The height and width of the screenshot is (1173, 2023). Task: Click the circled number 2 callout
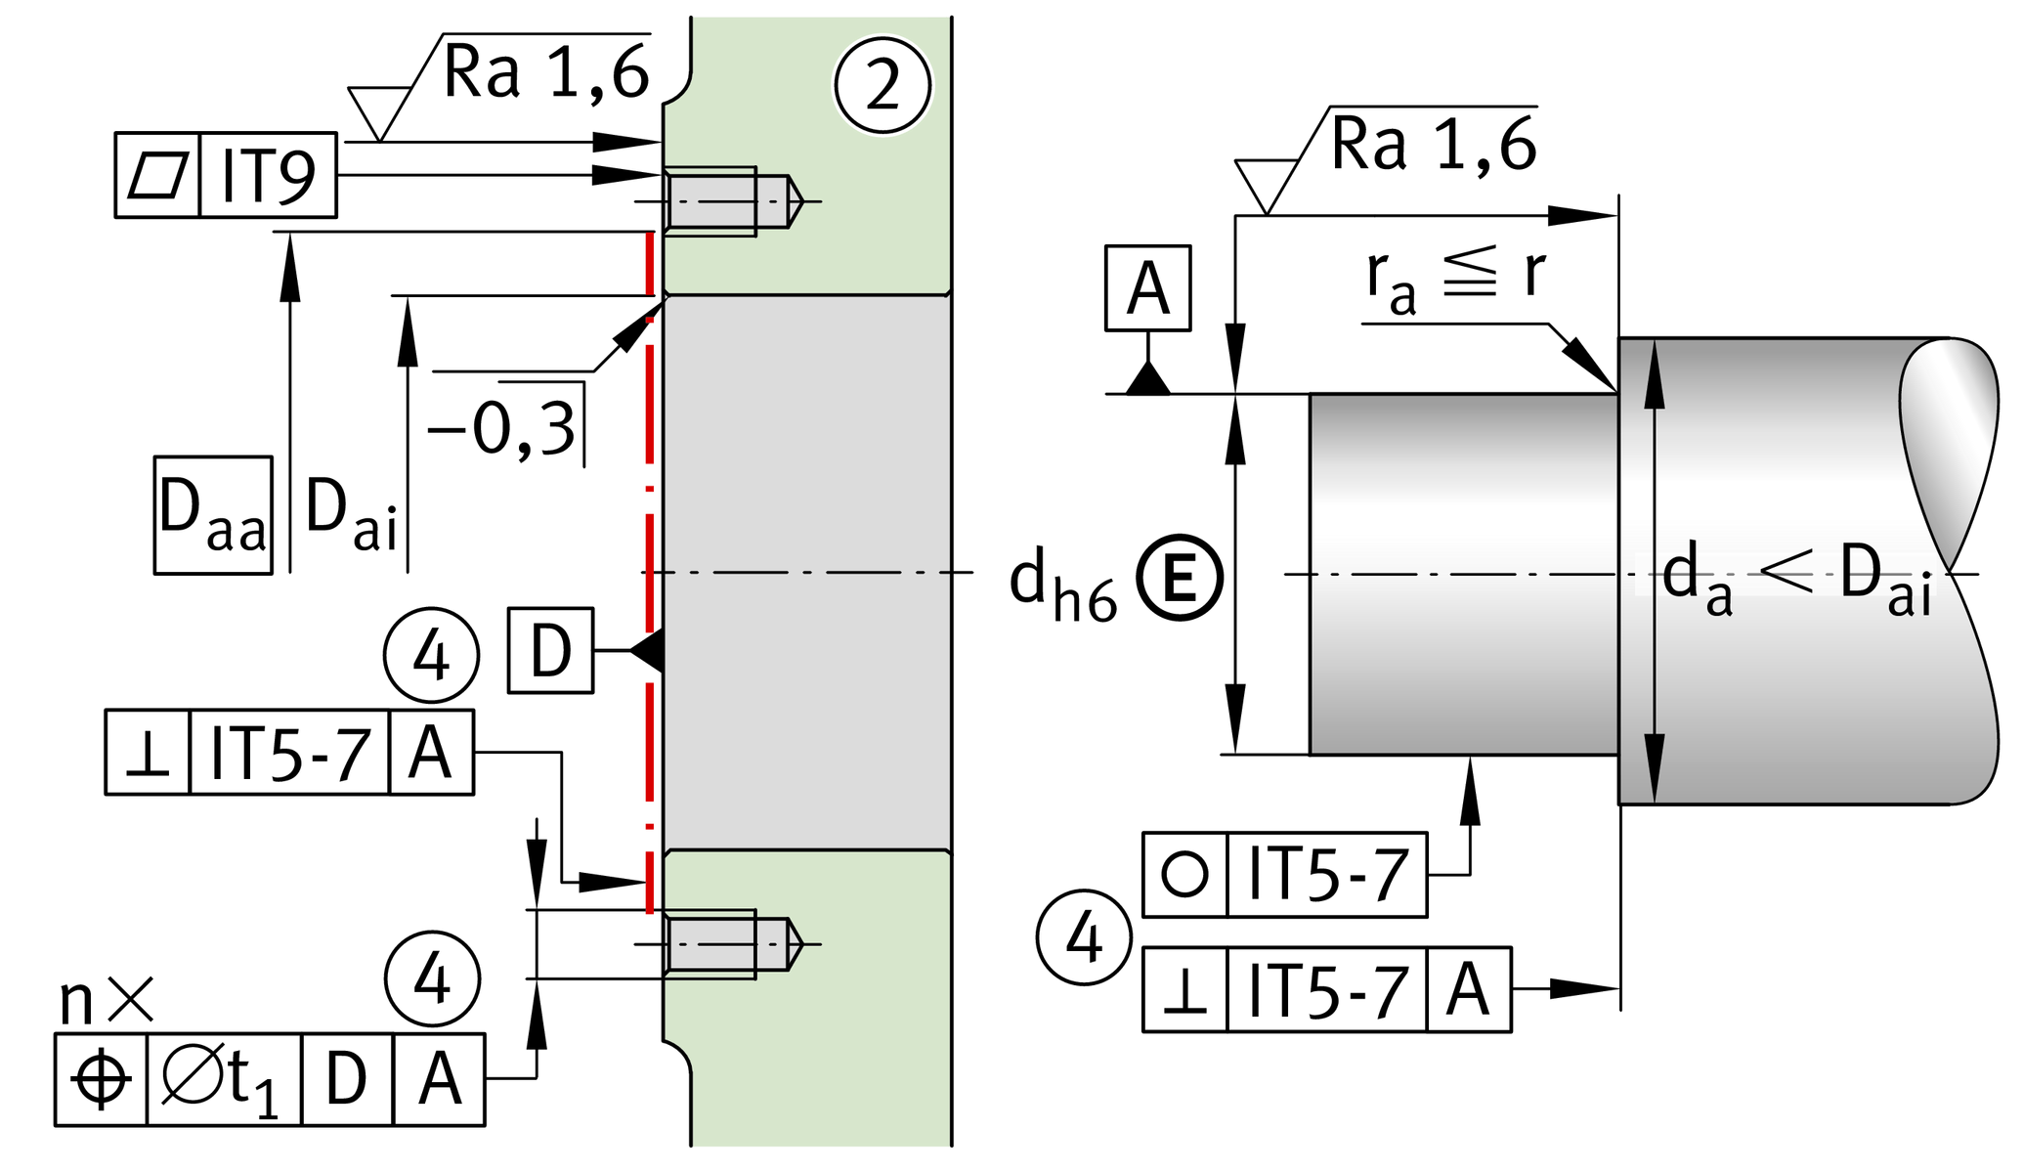coord(882,85)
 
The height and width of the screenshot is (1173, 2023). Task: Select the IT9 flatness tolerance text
coord(268,176)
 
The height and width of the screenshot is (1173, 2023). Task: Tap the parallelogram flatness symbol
coord(157,176)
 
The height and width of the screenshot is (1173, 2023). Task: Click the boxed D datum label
coord(550,651)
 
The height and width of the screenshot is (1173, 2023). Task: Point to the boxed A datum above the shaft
coord(1147,288)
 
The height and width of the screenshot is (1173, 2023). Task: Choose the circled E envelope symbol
coord(1180,578)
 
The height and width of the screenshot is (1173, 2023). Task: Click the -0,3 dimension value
coord(502,428)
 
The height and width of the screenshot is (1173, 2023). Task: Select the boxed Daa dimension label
coord(212,515)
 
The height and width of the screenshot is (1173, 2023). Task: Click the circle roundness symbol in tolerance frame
coord(1184,874)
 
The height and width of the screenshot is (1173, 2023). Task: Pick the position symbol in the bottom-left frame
coord(102,1080)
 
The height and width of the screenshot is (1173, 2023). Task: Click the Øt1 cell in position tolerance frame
coord(223,1080)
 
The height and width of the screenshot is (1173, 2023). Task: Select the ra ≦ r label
coord(1455,279)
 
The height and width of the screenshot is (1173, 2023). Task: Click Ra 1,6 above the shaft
coord(1433,145)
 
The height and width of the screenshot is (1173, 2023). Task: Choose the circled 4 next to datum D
coord(431,655)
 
